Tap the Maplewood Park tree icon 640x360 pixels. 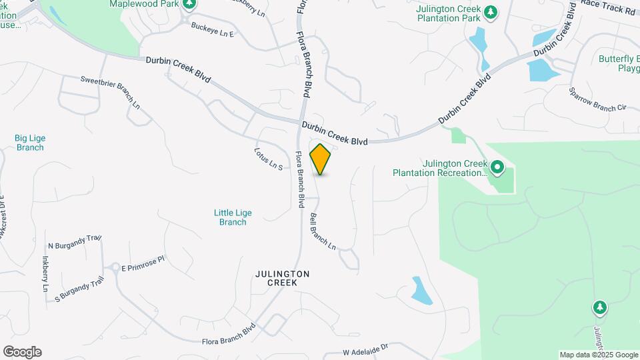click(x=190, y=4)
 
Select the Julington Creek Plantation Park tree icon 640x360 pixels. click(x=491, y=11)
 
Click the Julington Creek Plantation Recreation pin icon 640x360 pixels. click(x=497, y=166)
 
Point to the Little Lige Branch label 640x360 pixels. click(x=233, y=217)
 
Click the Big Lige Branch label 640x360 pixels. click(x=30, y=143)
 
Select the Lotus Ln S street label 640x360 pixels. click(x=269, y=158)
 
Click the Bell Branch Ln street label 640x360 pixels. click(x=323, y=231)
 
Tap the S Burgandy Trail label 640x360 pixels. click(x=79, y=289)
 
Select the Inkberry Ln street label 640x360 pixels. click(x=45, y=273)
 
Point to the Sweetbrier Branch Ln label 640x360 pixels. click(x=110, y=92)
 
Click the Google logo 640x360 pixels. click(x=22, y=352)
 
